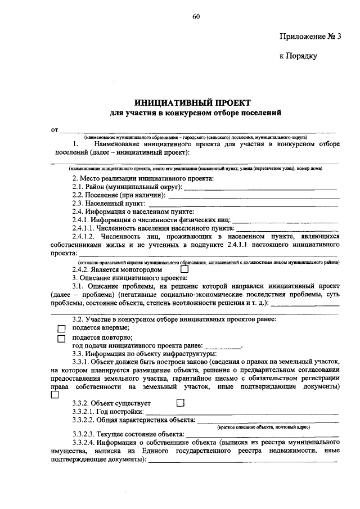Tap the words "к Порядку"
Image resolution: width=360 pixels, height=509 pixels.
click(x=299, y=56)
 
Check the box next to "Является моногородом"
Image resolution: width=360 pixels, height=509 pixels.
click(x=184, y=269)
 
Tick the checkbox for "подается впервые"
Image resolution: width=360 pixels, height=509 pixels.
click(x=62, y=328)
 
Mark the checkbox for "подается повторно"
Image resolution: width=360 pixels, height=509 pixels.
click(x=62, y=339)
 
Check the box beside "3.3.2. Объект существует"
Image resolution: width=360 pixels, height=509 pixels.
click(x=180, y=403)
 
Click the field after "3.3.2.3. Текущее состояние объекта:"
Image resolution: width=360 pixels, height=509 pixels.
click(x=262, y=435)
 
